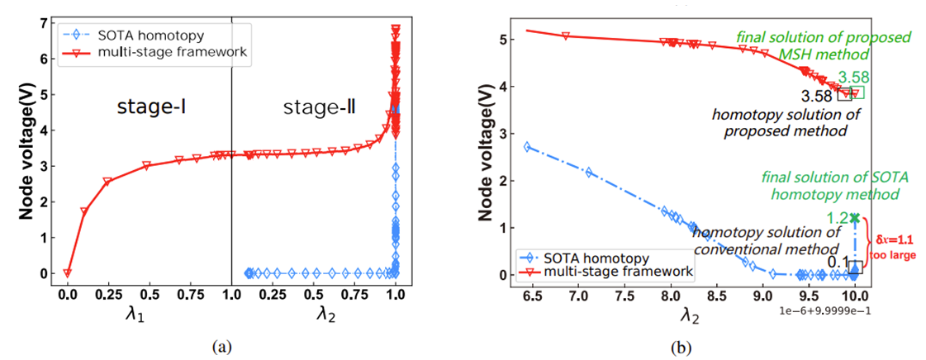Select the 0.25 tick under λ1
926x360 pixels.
pos(108,294)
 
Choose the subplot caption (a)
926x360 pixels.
pos(221,348)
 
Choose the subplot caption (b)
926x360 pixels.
pos(683,348)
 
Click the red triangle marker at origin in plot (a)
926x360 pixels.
pos(68,273)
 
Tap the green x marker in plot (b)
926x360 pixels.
pos(855,218)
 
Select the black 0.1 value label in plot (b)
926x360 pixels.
pos(836,263)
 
